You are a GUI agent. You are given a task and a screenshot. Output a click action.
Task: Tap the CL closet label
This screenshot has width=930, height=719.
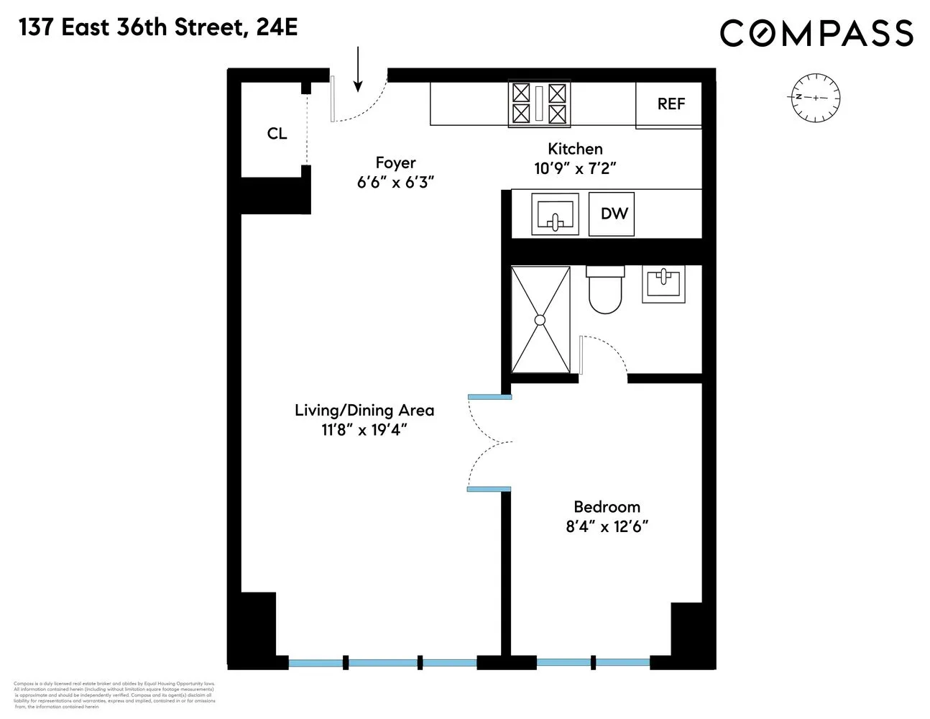[277, 134]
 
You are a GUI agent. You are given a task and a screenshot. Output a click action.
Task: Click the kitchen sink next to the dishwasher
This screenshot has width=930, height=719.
[555, 214]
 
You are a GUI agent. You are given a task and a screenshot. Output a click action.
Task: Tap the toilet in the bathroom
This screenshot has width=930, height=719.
[605, 290]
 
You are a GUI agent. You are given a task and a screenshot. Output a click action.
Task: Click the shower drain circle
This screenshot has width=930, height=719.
[540, 320]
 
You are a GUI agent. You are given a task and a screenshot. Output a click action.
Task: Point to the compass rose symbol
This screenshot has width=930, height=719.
[816, 97]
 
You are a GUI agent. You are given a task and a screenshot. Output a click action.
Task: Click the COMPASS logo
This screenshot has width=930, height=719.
[816, 33]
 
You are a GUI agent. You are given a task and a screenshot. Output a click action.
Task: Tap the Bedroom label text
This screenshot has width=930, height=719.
[607, 507]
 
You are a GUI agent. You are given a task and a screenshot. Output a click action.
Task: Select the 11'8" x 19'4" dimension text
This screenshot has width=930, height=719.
[364, 431]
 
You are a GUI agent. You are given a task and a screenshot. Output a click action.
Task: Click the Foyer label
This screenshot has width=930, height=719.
[395, 163]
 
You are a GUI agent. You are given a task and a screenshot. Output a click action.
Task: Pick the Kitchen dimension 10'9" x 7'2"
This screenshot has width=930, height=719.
[575, 169]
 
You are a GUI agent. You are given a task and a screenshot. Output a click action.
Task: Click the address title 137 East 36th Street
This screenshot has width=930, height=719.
[158, 28]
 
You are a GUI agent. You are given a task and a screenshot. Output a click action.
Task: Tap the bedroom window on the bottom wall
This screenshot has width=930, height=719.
[592, 661]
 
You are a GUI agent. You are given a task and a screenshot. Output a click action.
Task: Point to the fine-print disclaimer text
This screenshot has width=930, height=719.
[115, 695]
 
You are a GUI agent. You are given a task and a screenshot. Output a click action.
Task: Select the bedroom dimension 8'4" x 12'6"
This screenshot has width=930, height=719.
[607, 527]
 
